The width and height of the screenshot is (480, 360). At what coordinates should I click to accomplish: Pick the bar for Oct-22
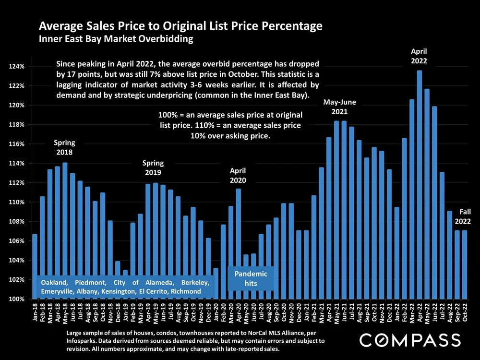465,264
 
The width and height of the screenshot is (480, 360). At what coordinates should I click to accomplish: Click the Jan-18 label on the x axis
35,312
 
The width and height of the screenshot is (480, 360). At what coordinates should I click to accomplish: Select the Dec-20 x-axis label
299,312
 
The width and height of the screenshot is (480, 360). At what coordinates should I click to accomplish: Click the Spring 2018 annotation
64,147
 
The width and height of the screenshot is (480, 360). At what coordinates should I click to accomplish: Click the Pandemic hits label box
251,278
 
